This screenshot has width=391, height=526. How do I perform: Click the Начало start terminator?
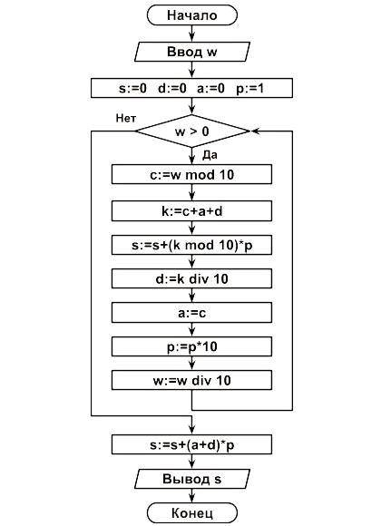[x=192, y=15]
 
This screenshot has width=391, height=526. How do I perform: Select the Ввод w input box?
[x=192, y=52]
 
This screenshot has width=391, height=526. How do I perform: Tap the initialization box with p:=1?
[x=191, y=88]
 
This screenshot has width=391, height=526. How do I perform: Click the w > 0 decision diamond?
[x=192, y=131]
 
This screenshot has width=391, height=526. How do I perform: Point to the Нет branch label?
[x=126, y=118]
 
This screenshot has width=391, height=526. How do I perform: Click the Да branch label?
[x=210, y=155]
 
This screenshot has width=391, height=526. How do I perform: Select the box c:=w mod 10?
[x=191, y=174]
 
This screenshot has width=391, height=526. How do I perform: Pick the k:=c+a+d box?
[x=191, y=211]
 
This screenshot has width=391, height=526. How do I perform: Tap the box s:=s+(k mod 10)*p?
[x=191, y=245]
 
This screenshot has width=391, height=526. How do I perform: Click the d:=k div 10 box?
[x=191, y=278]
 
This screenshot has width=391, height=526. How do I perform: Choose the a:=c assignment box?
[x=191, y=313]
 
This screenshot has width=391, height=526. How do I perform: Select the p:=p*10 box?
[x=191, y=346]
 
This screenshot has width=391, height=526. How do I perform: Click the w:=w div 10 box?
[x=191, y=380]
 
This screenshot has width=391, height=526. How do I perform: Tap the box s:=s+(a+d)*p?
[x=191, y=444]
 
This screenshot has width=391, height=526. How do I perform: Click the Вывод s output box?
[x=192, y=479]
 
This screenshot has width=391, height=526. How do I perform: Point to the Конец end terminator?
[x=192, y=513]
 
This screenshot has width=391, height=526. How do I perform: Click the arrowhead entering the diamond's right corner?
[x=255, y=131]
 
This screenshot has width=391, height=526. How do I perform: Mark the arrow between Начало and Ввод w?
[x=192, y=34]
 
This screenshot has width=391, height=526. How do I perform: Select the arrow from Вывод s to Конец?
[x=192, y=495]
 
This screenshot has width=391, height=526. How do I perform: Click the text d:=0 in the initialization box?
[x=171, y=88]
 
